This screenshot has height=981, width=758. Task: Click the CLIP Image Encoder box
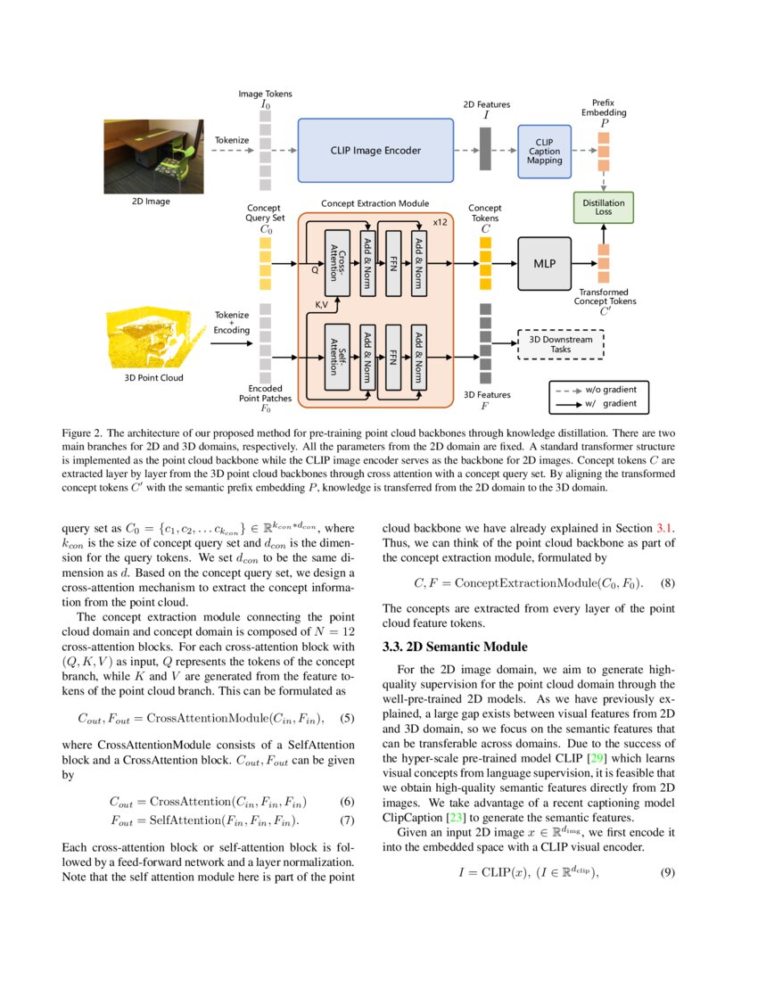(375, 151)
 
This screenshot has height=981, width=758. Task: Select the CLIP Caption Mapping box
(544, 151)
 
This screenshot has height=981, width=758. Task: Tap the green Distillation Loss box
(604, 208)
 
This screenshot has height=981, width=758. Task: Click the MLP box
(544, 264)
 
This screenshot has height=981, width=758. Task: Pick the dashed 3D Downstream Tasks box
(561, 344)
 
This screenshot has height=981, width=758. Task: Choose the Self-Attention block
(336, 357)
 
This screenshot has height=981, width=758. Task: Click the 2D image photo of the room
(149, 156)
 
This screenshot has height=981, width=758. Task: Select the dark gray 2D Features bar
(485, 149)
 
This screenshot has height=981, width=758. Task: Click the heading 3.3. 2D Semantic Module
(455, 647)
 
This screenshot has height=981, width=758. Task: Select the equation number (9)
(668, 872)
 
